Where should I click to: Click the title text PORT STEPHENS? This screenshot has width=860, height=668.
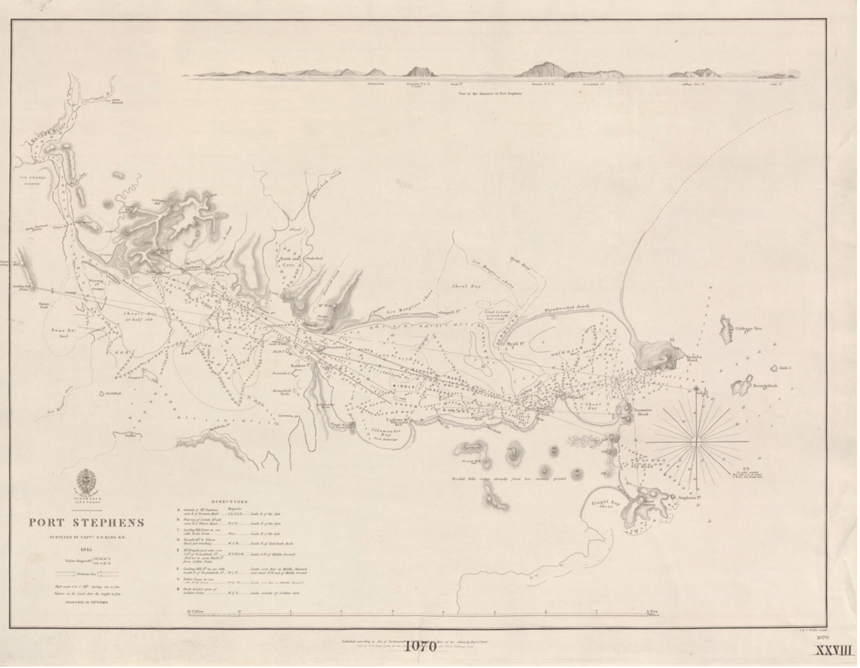87,522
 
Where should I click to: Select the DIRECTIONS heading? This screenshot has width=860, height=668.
229,501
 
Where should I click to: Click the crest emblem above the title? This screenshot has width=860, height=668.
87,482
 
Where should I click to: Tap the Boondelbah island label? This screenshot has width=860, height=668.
765,386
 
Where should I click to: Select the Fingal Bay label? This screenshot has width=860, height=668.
605,504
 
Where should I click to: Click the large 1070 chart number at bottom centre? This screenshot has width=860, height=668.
420,646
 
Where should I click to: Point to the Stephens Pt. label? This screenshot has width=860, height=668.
689,497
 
